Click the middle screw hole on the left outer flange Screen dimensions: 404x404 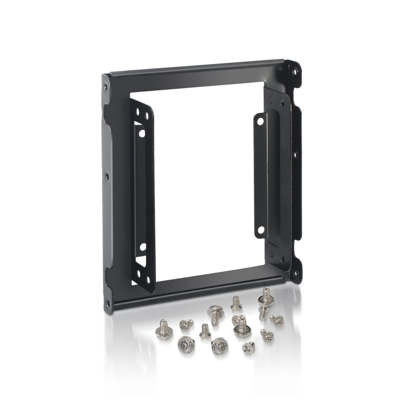click(107, 176)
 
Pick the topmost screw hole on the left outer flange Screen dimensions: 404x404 click(106, 87)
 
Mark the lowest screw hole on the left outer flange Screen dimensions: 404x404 click(108, 297)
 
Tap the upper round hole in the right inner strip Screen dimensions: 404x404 click(260, 122)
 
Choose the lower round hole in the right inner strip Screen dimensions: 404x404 click(261, 230)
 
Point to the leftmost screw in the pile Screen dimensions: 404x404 click(164, 329)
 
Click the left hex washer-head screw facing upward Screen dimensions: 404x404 click(186, 345)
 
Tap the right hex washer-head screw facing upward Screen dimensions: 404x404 click(220, 346)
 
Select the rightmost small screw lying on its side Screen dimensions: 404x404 click(277, 320)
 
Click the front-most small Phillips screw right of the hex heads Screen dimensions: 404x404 click(248, 347)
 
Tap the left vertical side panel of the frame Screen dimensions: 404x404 click(113, 192)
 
